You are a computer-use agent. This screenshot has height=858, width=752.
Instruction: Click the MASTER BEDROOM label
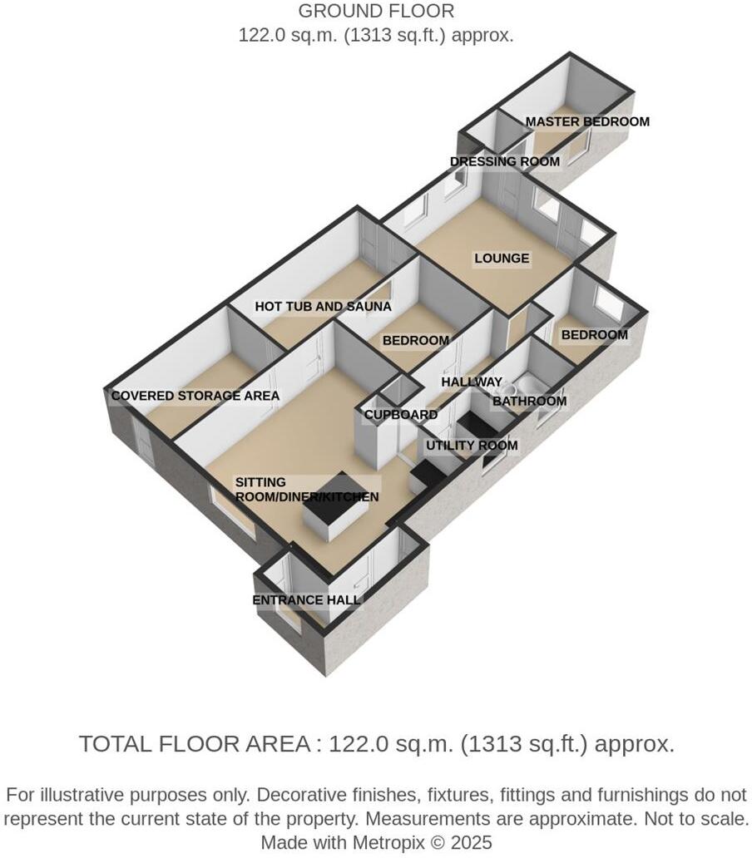[587, 121]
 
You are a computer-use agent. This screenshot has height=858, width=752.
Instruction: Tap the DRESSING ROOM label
[504, 161]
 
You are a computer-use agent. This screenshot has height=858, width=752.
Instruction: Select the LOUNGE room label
[502, 259]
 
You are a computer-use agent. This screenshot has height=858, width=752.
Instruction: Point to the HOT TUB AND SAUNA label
[323, 307]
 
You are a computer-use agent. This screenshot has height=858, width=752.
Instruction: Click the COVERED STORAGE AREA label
[195, 396]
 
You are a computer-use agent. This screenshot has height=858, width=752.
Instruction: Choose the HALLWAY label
[472, 382]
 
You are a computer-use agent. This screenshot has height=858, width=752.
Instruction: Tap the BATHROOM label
[529, 402]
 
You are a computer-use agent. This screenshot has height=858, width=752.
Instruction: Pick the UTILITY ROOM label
[472, 446]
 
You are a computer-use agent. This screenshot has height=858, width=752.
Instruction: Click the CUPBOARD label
[401, 415]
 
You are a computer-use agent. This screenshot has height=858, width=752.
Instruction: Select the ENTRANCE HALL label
[306, 600]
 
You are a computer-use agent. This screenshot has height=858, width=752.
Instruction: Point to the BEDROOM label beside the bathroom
[594, 335]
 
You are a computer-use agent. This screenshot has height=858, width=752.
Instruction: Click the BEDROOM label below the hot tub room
[415, 341]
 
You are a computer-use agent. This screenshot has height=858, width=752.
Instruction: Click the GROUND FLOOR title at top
[376, 12]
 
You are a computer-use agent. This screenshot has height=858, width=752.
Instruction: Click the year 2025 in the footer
[472, 842]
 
